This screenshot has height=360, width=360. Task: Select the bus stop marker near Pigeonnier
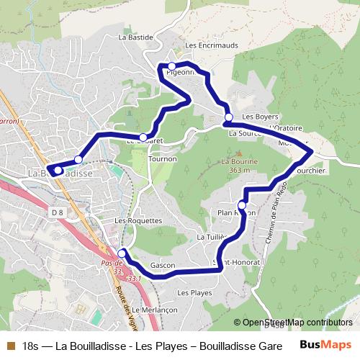172,66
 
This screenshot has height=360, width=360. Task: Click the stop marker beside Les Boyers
228,117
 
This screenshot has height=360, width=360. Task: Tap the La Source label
244,134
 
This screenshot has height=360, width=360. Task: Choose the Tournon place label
163,159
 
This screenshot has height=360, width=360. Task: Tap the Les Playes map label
194,293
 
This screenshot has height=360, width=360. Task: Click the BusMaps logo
325,344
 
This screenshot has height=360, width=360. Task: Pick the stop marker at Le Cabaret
143,137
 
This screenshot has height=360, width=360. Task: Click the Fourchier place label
310,171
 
